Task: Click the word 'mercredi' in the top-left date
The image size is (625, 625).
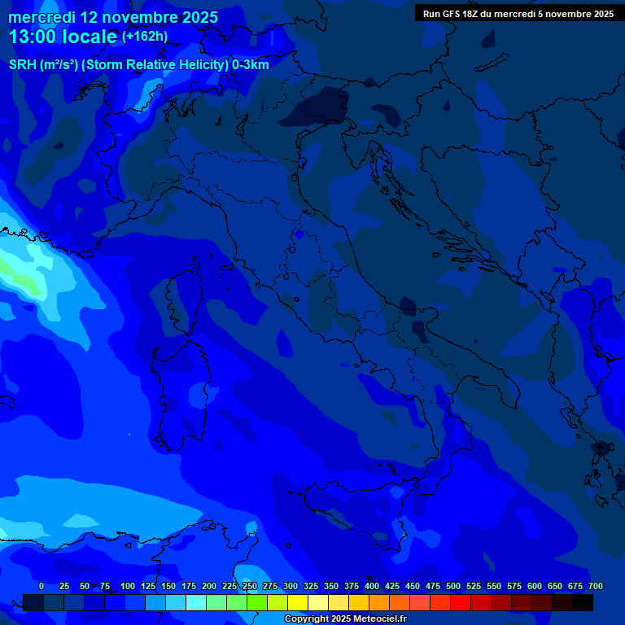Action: [x=42, y=17]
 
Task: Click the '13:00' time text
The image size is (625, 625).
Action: [x=33, y=37]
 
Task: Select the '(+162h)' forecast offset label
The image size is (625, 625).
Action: [x=145, y=37]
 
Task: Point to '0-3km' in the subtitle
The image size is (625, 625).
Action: [x=251, y=65]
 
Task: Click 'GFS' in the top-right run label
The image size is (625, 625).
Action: [x=450, y=14]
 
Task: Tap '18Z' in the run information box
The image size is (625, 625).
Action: [x=471, y=14]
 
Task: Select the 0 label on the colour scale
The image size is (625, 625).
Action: [x=42, y=586]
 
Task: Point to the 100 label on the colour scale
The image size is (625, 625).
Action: [x=128, y=586]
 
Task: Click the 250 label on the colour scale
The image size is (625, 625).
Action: [x=250, y=586]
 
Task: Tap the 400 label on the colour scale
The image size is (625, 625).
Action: [x=372, y=586]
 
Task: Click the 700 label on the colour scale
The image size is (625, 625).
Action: [x=596, y=586]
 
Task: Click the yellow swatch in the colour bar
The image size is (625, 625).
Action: [x=298, y=602]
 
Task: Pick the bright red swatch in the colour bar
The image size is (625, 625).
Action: [x=461, y=602]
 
